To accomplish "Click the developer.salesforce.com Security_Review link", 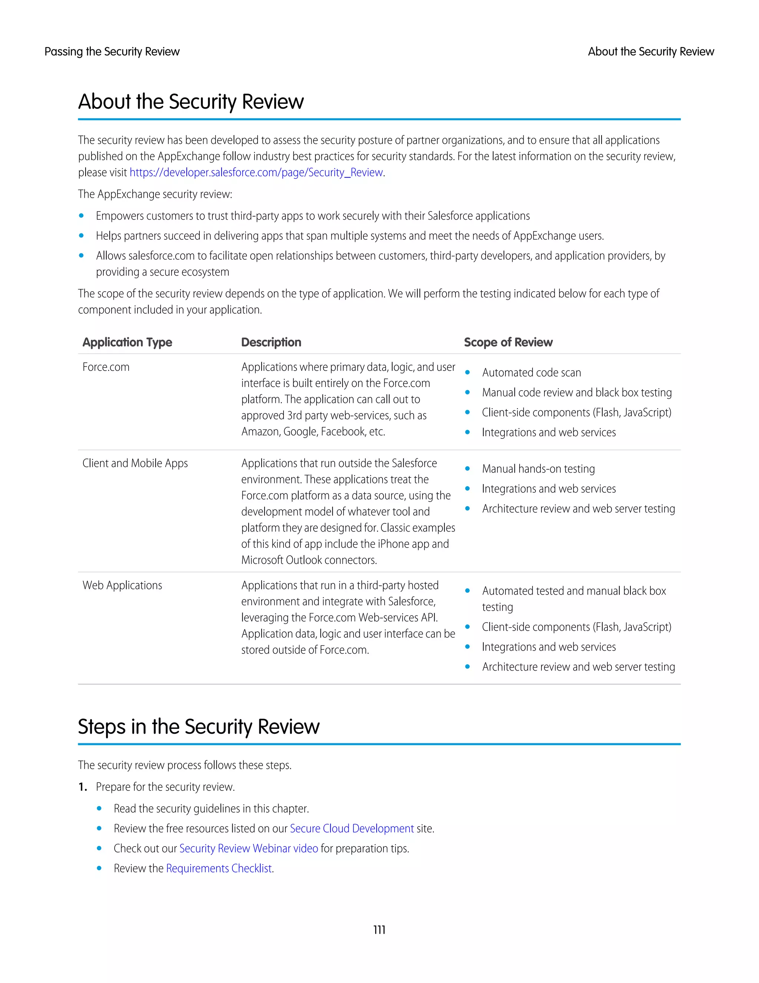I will [256, 172].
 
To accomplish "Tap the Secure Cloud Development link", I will [352, 828].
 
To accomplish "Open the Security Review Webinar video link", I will [248, 848].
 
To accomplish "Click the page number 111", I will [379, 930].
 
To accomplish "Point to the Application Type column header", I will [127, 342].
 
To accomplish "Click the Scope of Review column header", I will [508, 342].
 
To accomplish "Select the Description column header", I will [271, 342].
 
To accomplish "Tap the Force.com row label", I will [106, 367].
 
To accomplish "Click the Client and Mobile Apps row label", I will [135, 463].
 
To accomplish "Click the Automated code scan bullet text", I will [531, 373].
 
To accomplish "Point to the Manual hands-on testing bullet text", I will [538, 469].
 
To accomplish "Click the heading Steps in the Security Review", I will [198, 726].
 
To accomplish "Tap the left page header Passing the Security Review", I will [112, 52].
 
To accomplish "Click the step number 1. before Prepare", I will [82, 787].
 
